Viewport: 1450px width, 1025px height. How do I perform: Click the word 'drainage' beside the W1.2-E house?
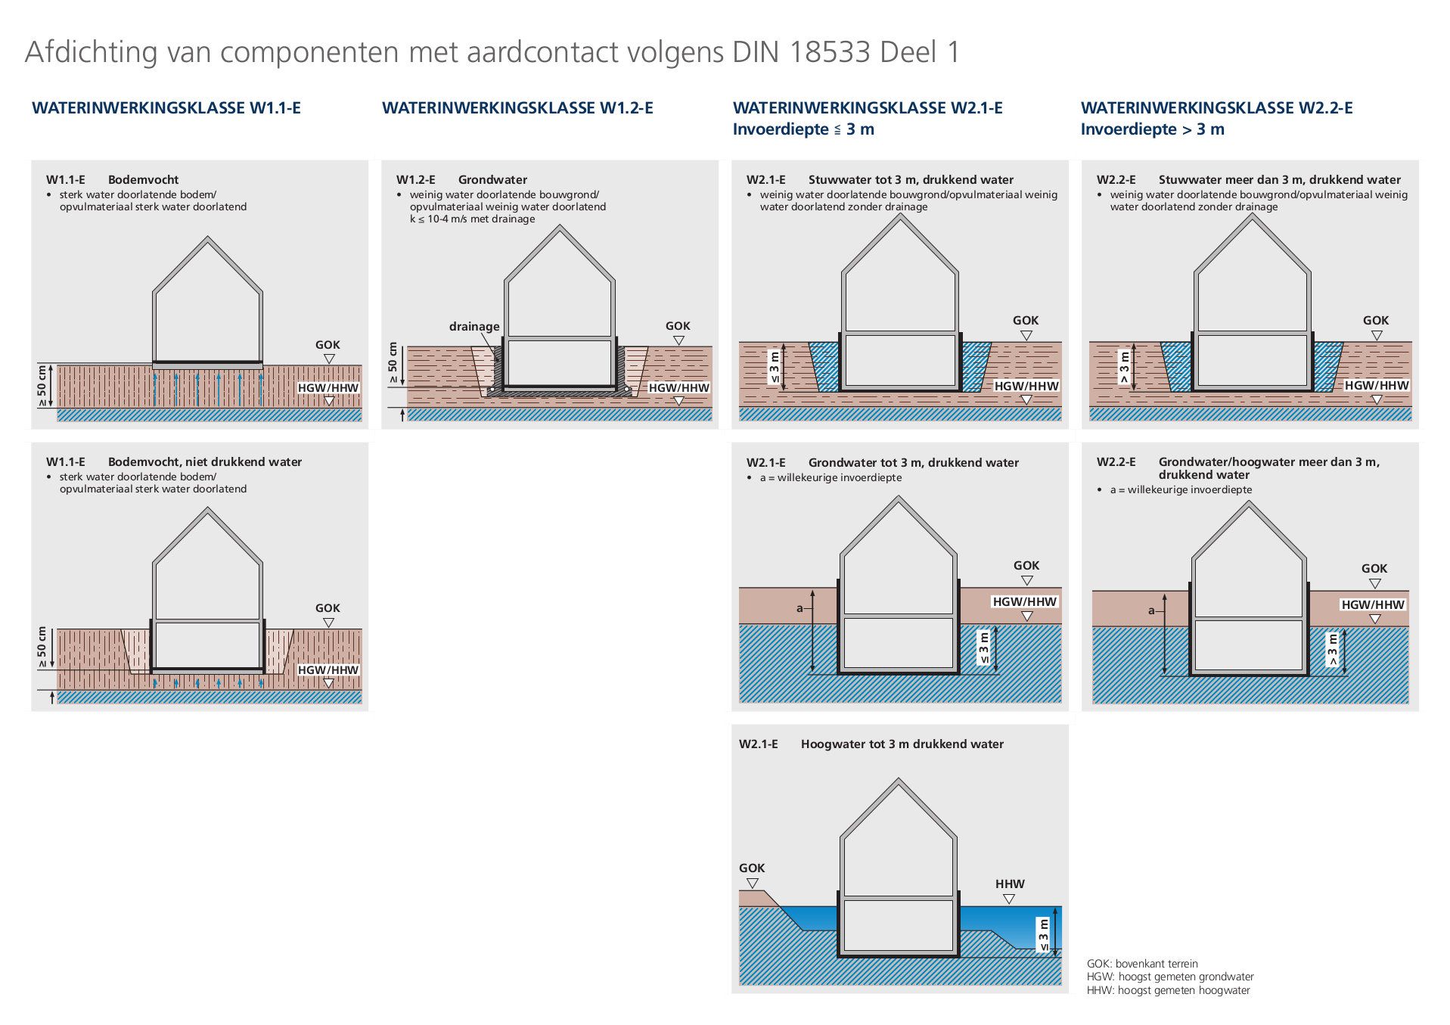point(474,327)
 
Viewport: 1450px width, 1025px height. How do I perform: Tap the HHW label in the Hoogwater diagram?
point(1010,884)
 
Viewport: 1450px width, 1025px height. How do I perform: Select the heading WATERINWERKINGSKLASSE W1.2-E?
point(517,108)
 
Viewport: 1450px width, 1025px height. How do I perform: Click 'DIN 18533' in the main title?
point(801,52)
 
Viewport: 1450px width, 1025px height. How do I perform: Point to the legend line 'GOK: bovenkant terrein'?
point(1142,964)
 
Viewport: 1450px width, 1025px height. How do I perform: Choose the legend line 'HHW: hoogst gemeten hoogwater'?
point(1169,990)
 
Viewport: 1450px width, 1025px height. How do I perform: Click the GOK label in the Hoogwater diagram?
point(752,868)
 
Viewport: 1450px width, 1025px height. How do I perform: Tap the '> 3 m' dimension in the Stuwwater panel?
point(1124,367)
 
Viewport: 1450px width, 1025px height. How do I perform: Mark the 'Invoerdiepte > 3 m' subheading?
point(1152,129)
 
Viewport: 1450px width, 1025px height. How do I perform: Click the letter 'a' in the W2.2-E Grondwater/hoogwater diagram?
point(1151,610)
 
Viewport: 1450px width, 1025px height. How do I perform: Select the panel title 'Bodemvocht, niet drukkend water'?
point(205,462)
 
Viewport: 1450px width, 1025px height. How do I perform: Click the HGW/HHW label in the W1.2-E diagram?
point(679,388)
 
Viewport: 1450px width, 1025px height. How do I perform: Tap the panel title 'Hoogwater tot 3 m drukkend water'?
point(902,744)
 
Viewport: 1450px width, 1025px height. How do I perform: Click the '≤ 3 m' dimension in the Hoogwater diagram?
point(1044,935)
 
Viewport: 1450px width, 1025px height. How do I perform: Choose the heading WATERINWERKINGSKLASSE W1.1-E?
point(166,108)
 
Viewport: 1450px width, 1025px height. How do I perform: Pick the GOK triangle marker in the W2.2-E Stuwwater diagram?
point(1377,336)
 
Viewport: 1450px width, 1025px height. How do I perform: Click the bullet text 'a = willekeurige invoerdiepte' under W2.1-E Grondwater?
point(831,477)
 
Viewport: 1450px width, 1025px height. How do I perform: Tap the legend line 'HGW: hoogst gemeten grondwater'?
point(1170,977)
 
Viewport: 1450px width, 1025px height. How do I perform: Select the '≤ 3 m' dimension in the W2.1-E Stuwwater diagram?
point(774,367)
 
